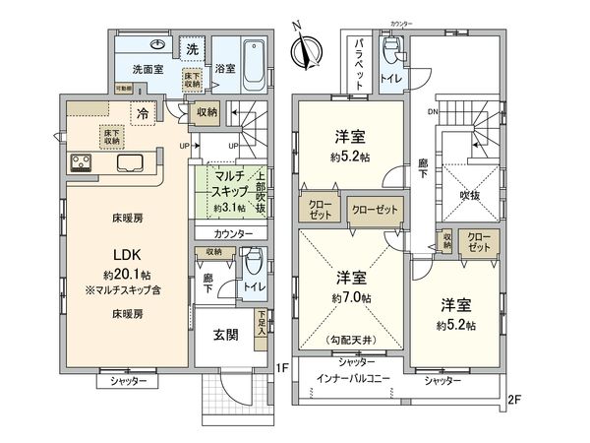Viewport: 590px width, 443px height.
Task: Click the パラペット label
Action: pos(360,63)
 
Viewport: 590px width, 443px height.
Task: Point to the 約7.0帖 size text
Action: pos(352,297)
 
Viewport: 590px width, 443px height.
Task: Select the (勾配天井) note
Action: pos(352,340)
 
